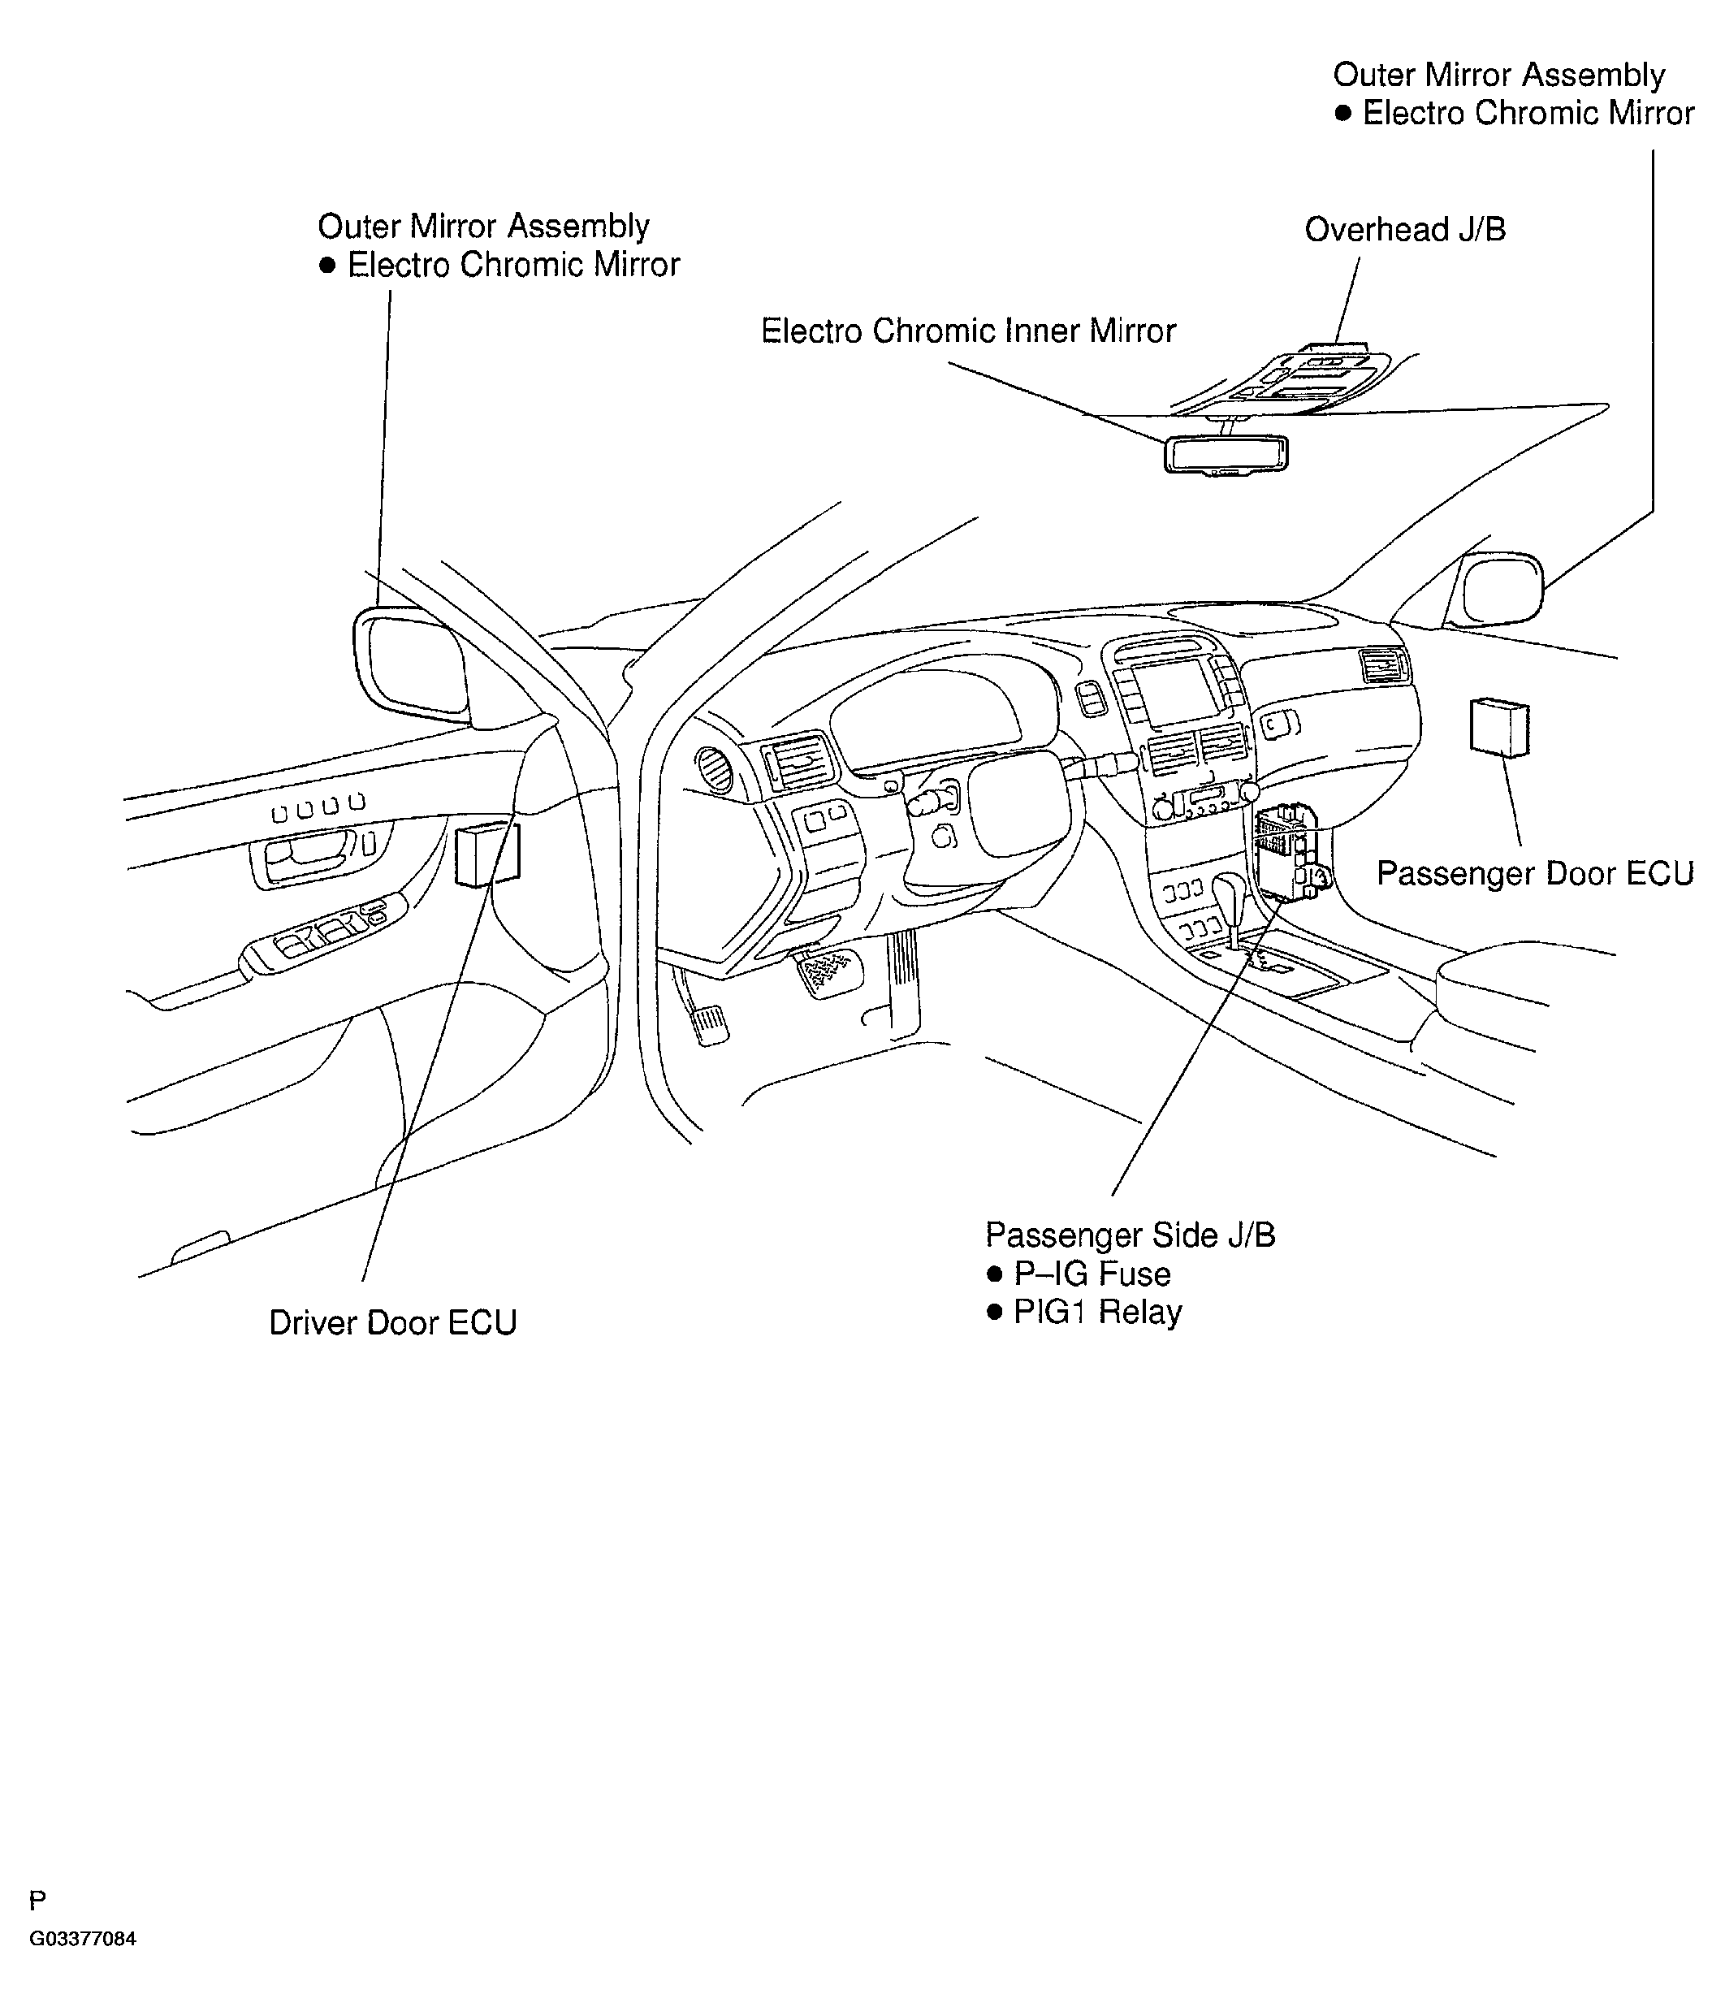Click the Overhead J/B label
pos(1404,231)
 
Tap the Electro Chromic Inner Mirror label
pos(966,331)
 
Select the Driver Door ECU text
pos(392,1323)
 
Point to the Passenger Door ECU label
pos(1534,874)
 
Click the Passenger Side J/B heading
pos(1130,1235)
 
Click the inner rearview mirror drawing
pos(1226,453)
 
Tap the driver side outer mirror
pos(412,664)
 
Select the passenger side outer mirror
pos(1502,587)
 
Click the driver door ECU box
pos(486,854)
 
